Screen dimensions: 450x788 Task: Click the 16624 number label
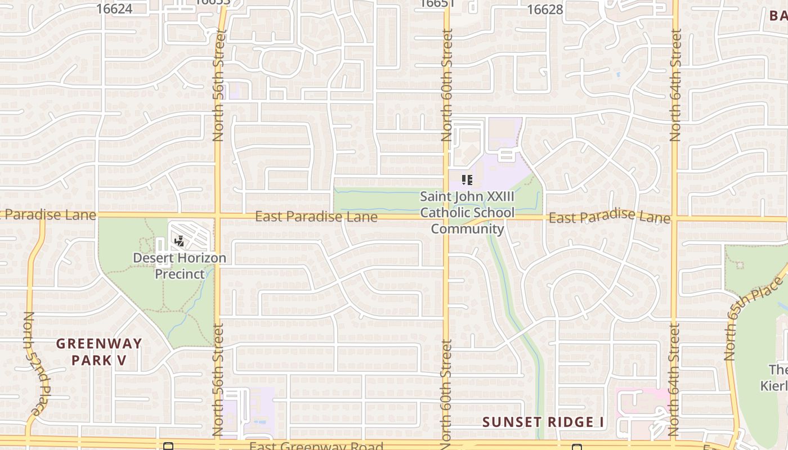click(114, 8)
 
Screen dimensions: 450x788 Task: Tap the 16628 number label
click(545, 10)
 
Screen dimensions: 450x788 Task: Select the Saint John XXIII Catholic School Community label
click(467, 213)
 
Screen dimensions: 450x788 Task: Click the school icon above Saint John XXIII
click(467, 180)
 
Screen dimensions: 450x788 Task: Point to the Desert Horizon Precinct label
click(180, 266)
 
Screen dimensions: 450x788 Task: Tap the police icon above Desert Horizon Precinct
click(180, 242)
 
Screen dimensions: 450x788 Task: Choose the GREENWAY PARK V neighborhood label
click(99, 352)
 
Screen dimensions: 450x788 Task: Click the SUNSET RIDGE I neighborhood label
click(539, 422)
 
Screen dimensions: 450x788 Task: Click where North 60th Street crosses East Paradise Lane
click(446, 217)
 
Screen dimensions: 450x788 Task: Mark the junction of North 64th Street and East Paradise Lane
click(675, 218)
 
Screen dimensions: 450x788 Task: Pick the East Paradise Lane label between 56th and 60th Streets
click(316, 217)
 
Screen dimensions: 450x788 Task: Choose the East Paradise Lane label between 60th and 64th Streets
click(610, 217)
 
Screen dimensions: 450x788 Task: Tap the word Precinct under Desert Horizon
click(180, 274)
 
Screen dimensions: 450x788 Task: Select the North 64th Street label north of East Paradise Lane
click(675, 84)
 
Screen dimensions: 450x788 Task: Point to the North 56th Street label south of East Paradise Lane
click(218, 380)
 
